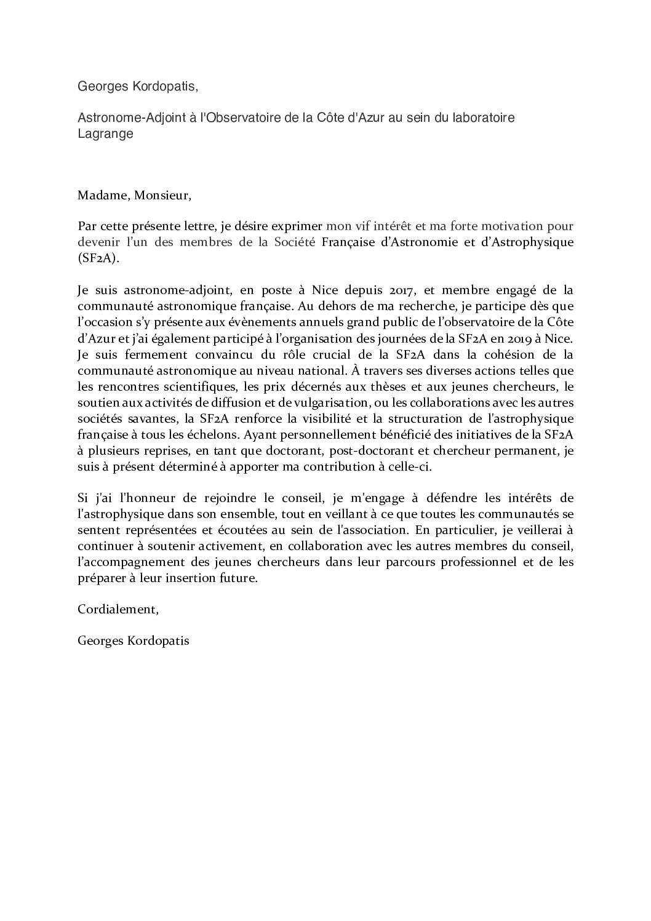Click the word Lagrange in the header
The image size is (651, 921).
pyautogui.click(x=105, y=134)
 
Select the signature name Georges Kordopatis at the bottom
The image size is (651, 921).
pyautogui.click(x=134, y=640)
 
